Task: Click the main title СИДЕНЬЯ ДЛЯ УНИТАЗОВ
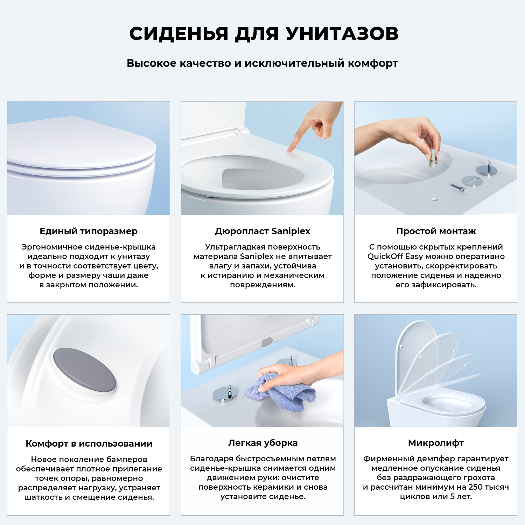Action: [x=264, y=34]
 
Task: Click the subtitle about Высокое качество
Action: [x=262, y=63]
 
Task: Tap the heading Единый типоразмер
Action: [x=89, y=231]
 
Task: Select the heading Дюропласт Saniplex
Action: [x=262, y=231]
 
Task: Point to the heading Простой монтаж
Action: [x=436, y=231]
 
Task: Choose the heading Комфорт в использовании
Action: [x=89, y=443]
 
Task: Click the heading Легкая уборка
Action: [x=263, y=443]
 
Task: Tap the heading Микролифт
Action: [x=436, y=443]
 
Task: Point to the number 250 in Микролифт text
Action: [x=476, y=487]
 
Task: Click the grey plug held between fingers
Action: [x=433, y=159]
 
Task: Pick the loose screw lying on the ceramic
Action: [x=458, y=188]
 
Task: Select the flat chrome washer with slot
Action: [x=472, y=181]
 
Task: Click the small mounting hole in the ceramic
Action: [x=434, y=199]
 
